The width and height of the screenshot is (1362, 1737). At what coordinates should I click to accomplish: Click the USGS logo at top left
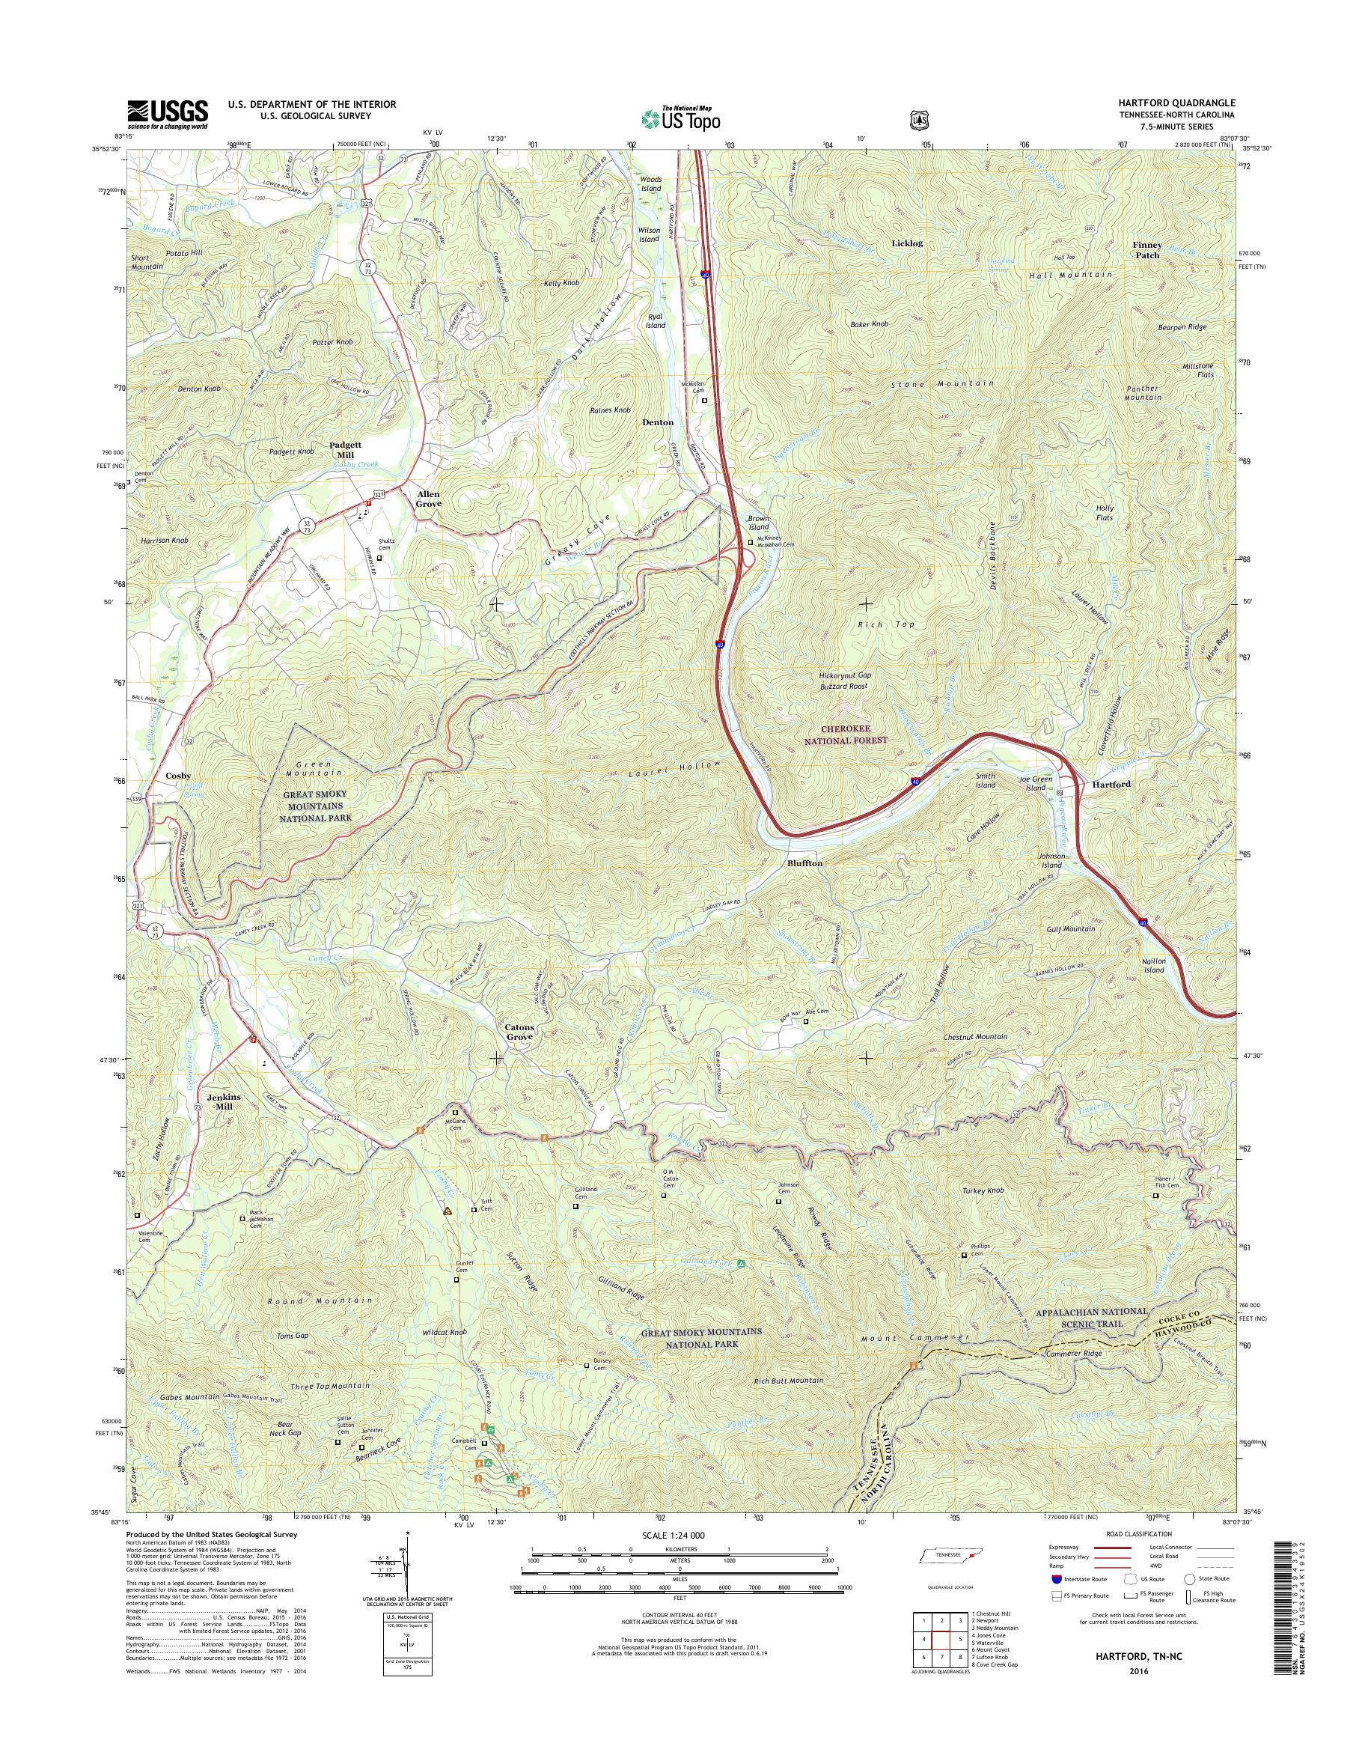(x=168, y=114)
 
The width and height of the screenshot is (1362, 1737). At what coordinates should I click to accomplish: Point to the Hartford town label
(x=1109, y=785)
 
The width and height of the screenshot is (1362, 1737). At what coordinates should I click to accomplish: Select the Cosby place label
(x=178, y=776)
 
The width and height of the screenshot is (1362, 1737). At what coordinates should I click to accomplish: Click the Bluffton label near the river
(x=804, y=863)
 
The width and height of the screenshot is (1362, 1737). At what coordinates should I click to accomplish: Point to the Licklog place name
(x=908, y=243)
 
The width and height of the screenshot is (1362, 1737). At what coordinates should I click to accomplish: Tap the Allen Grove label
(x=427, y=499)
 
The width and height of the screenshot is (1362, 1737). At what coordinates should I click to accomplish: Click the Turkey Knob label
(x=983, y=1190)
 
